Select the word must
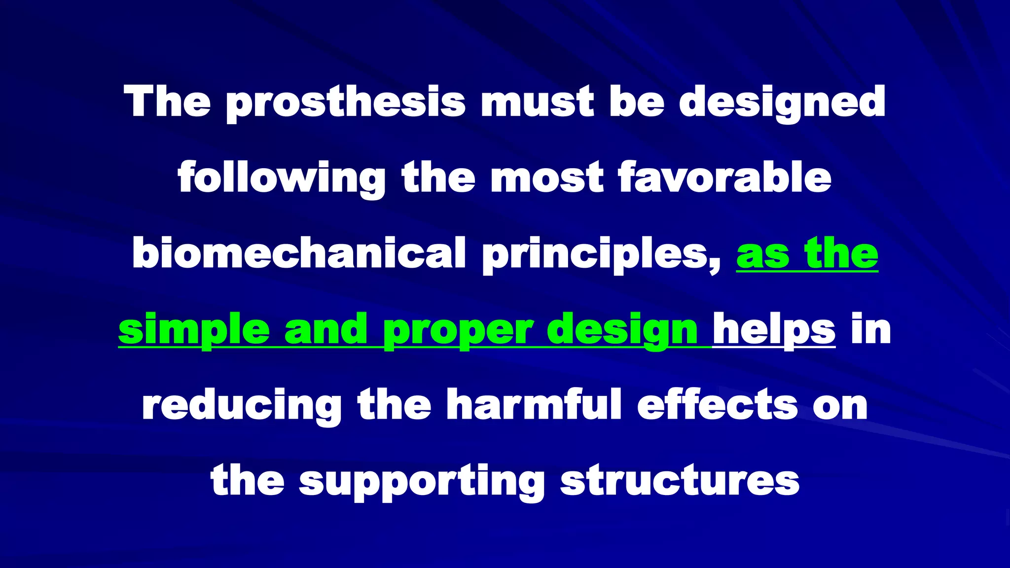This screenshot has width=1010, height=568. tap(538, 102)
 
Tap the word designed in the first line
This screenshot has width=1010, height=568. tap(782, 103)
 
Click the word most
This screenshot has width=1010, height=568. tap(546, 177)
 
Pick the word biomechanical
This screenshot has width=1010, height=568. tap(299, 252)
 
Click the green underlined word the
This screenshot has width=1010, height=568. tap(841, 252)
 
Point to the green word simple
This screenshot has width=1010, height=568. tap(194, 329)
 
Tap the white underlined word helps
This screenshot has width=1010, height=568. tap(774, 329)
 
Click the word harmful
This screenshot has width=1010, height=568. tap(534, 404)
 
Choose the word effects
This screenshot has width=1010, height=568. tap(718, 404)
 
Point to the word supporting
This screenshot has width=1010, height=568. tap(422, 481)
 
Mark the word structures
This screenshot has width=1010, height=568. tap(680, 481)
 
